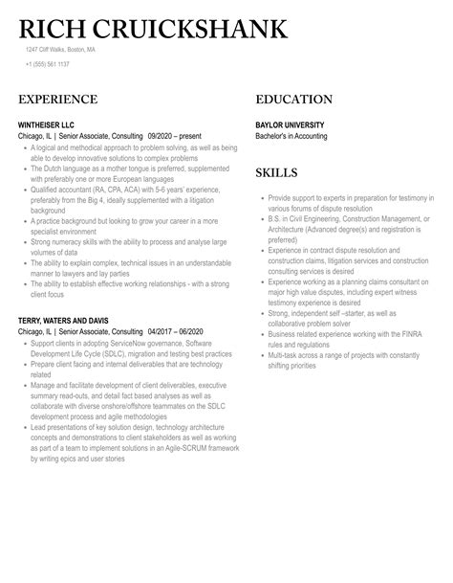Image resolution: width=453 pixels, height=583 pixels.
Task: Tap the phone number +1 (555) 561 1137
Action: tap(47, 65)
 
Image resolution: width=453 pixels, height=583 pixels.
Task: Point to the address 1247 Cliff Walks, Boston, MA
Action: tap(61, 50)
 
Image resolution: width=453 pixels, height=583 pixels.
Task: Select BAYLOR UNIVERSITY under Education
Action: tap(290, 123)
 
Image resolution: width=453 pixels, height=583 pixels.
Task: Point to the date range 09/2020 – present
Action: tap(179, 136)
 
